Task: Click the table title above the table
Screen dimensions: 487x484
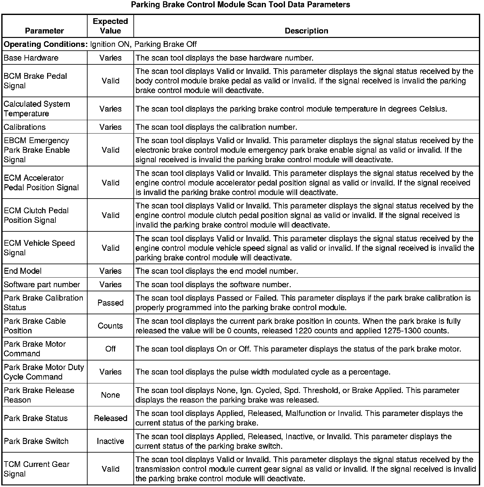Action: [240, 5]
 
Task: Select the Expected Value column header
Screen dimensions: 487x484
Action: [110, 26]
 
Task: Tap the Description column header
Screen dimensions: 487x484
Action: [306, 31]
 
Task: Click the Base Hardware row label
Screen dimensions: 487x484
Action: [31, 58]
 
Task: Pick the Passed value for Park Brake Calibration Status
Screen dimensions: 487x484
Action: [110, 303]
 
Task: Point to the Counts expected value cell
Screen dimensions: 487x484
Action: [110, 326]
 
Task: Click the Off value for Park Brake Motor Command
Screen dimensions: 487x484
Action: [110, 349]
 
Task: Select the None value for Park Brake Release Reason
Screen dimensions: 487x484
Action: [110, 395]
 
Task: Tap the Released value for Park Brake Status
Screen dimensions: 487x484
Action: [110, 418]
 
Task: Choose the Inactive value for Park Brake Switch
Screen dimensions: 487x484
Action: [110, 441]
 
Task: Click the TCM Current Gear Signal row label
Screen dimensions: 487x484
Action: [37, 469]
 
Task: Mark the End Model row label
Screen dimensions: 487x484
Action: [23, 271]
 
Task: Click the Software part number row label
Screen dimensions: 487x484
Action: [42, 285]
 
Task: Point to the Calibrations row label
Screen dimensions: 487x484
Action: [25, 127]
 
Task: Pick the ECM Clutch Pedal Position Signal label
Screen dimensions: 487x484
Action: [36, 215]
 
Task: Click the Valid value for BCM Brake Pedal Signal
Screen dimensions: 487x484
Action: [110, 81]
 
